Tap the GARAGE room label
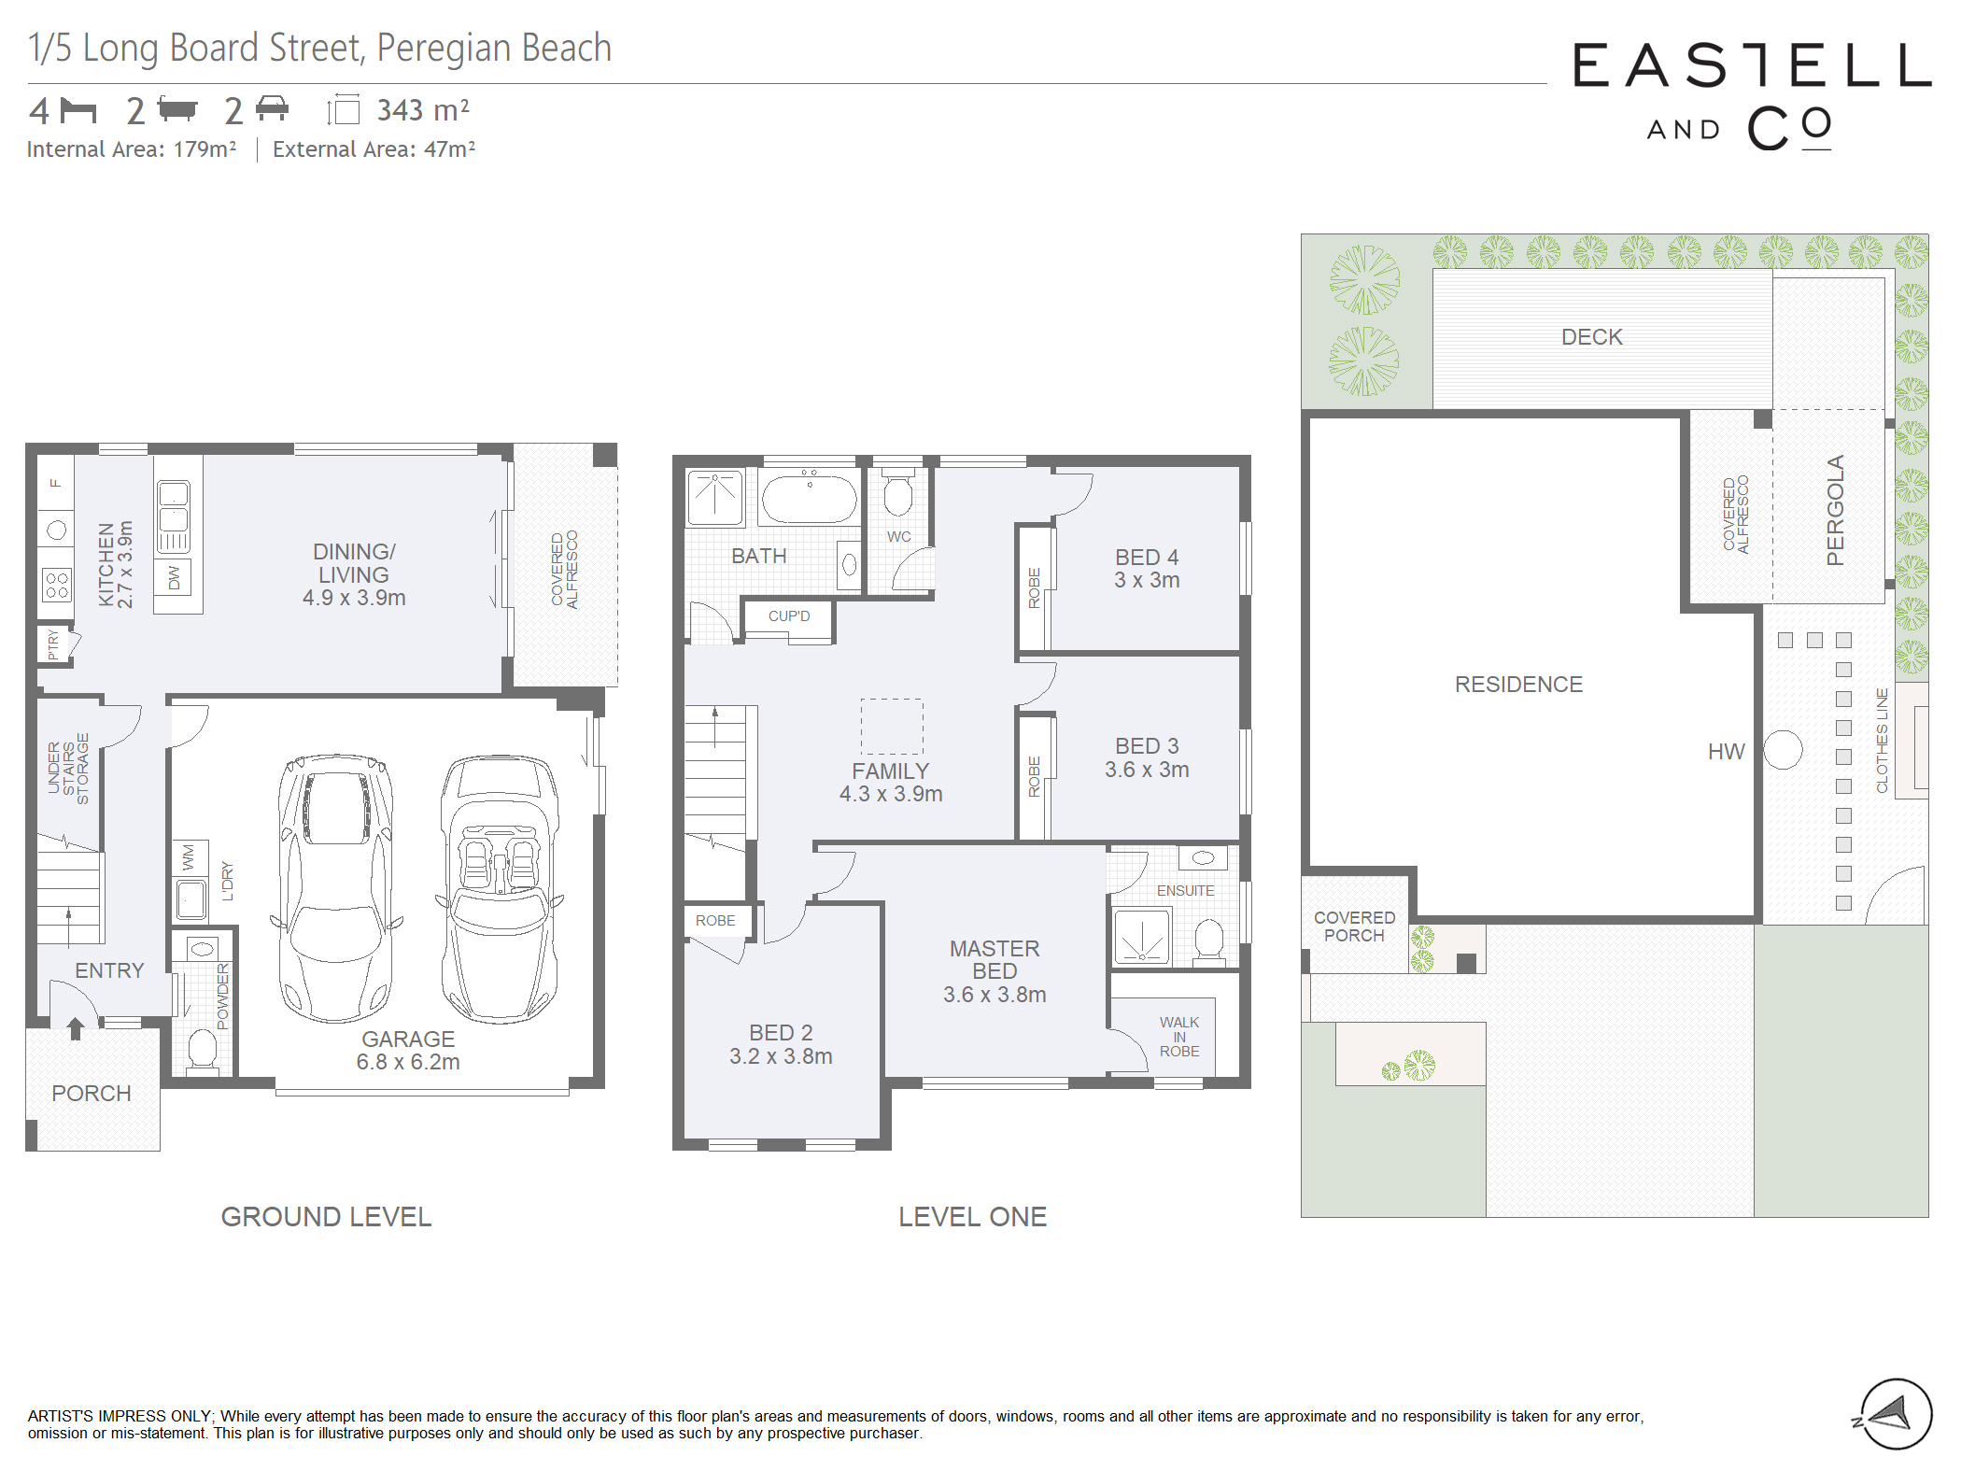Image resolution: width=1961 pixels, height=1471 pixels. (x=408, y=1039)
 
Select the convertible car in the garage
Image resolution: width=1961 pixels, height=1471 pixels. (x=500, y=888)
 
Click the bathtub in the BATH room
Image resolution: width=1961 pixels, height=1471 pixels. (x=809, y=496)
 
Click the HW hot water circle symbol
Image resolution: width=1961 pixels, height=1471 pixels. (x=1783, y=750)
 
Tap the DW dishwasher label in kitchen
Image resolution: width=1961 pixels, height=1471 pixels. (x=174, y=577)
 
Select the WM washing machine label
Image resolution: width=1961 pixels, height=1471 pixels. (x=189, y=857)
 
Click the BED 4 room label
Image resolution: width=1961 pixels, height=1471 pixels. (x=1147, y=557)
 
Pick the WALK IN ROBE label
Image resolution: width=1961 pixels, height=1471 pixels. (x=1179, y=1037)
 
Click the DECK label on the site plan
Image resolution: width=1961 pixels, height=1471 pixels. (x=1592, y=337)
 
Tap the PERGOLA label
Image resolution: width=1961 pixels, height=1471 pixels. (x=1835, y=510)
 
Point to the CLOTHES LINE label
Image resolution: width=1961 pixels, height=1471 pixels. (x=1882, y=741)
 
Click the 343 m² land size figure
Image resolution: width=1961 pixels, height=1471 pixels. (x=423, y=110)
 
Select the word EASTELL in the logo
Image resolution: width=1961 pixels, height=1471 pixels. (x=1752, y=65)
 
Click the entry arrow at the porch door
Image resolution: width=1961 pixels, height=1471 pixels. (x=76, y=1028)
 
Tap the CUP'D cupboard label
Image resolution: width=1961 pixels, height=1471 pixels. (x=789, y=616)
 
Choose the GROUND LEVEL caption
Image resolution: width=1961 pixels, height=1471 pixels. (x=326, y=1217)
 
